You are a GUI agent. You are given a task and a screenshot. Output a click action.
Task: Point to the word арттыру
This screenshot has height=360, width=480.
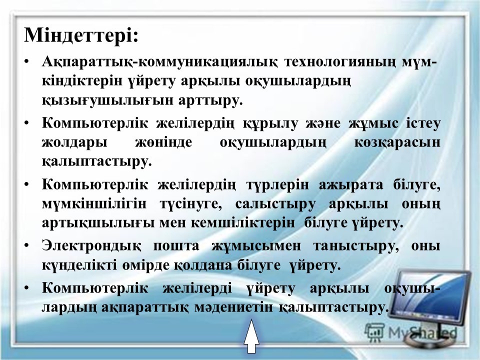tap(210, 100)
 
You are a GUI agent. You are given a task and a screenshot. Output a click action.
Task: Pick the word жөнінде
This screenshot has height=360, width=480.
tap(164, 142)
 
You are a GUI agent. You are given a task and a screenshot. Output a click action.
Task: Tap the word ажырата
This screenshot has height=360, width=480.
tap(351, 185)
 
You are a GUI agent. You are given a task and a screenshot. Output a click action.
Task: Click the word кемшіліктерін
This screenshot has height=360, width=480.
tap(243, 223)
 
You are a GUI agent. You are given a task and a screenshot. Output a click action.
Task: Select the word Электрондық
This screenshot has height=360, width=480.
tap(91, 246)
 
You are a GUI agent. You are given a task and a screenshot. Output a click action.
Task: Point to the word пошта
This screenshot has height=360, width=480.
tap(176, 246)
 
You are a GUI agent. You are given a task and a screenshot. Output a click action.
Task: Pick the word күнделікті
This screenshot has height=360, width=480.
tap(79, 265)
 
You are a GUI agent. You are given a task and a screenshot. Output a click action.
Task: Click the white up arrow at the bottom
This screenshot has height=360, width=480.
tap(251, 336)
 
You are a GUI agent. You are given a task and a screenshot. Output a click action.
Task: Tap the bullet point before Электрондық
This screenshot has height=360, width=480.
tap(26, 246)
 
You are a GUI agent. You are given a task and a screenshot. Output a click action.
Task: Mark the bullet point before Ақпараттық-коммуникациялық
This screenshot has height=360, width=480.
tap(26, 63)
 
